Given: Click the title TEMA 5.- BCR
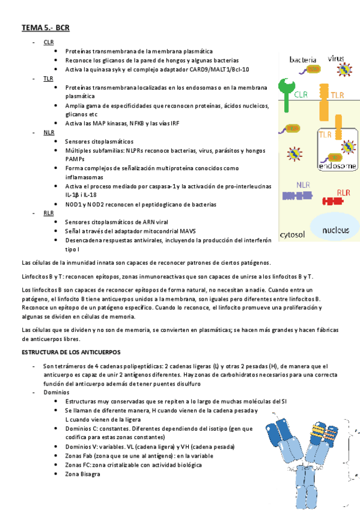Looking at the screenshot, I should [x=46, y=28].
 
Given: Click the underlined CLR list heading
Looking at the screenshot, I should [x=48, y=42].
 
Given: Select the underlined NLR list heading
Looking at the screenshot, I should [x=49, y=132].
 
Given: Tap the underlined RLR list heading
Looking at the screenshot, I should [x=48, y=213].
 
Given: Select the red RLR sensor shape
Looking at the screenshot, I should [x=331, y=201].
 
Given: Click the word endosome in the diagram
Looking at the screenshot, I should [x=337, y=165].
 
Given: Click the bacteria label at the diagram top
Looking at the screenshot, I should [x=304, y=60].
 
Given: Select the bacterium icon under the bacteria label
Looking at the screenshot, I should [x=313, y=70].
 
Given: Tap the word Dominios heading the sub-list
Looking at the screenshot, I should [x=56, y=392].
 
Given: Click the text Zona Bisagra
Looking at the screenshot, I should [x=82, y=474].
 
